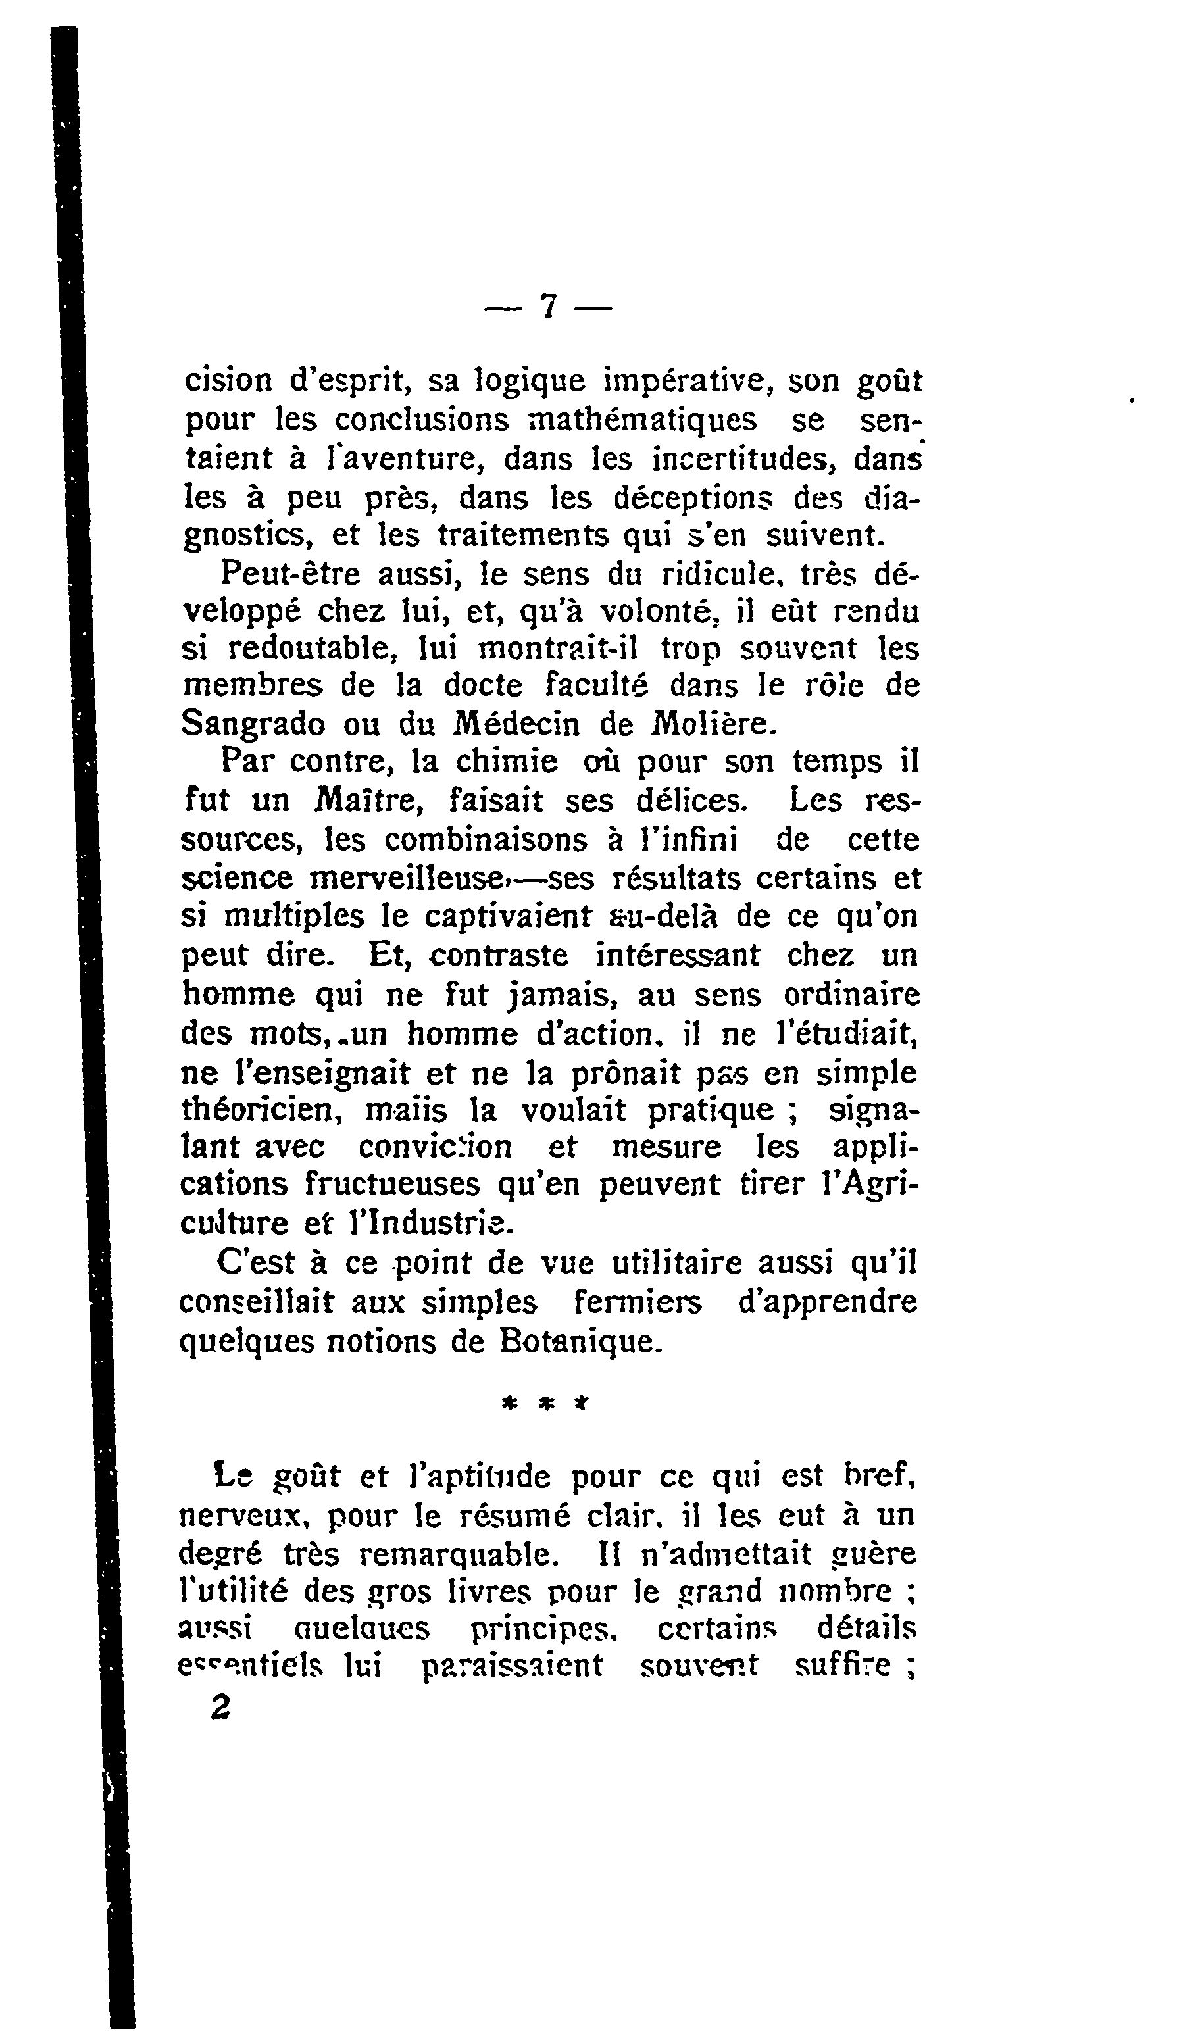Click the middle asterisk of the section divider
(547, 1404)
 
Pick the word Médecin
(515, 723)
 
